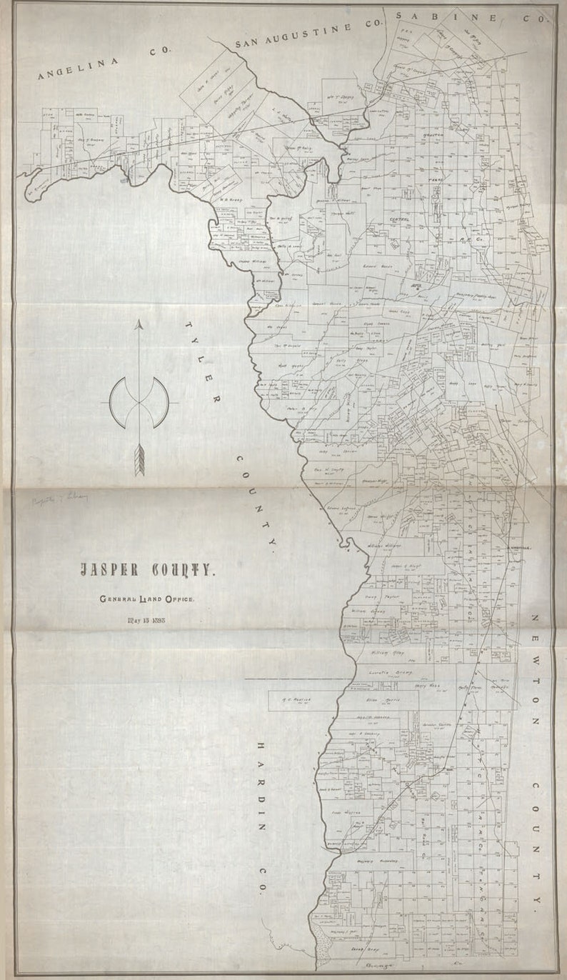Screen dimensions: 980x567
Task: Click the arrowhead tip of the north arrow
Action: (139, 324)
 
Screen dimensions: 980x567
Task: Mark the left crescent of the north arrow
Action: (118, 402)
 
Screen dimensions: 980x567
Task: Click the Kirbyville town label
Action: (519, 548)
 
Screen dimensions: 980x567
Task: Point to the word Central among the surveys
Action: (398, 219)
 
